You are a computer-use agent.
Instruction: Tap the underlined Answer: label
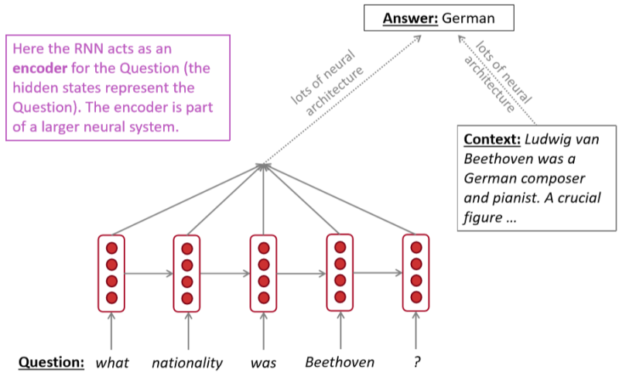(x=409, y=16)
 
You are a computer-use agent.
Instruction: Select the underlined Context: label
(x=491, y=141)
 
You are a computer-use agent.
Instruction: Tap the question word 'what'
(x=112, y=362)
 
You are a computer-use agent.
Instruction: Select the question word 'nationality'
(x=187, y=362)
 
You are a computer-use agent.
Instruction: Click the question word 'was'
(x=263, y=362)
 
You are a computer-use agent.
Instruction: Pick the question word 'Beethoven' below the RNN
(x=340, y=362)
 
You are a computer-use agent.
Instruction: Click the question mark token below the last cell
(x=416, y=362)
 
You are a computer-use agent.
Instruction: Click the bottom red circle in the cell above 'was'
(x=264, y=297)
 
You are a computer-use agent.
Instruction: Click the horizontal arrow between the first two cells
(x=149, y=273)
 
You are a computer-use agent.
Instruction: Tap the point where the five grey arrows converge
(x=264, y=164)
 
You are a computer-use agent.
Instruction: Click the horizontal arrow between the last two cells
(x=378, y=273)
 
